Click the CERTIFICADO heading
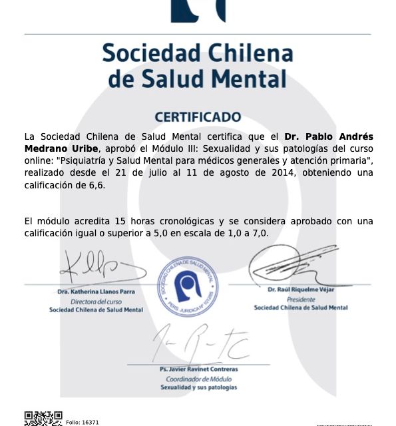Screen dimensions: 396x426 tap(198, 117)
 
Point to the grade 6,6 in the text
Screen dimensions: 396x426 tap(97, 185)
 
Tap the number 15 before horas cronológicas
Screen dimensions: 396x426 tap(120, 221)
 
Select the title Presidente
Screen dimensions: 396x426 tap(301, 299)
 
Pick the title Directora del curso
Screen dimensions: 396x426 tap(96, 302)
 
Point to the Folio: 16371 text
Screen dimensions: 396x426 tap(83, 422)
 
